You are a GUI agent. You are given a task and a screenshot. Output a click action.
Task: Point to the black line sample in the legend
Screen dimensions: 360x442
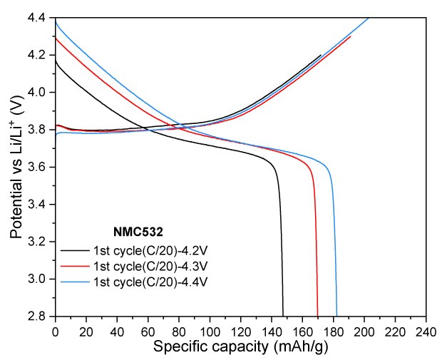point(74,251)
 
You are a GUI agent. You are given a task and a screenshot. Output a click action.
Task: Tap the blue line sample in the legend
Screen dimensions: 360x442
point(74,282)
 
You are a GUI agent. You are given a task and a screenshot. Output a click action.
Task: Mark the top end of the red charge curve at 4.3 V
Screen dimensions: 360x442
point(350,36)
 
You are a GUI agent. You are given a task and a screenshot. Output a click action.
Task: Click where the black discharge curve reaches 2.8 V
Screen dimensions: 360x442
point(283,315)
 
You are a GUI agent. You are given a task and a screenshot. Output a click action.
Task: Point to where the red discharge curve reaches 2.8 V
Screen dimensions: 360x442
point(317,315)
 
